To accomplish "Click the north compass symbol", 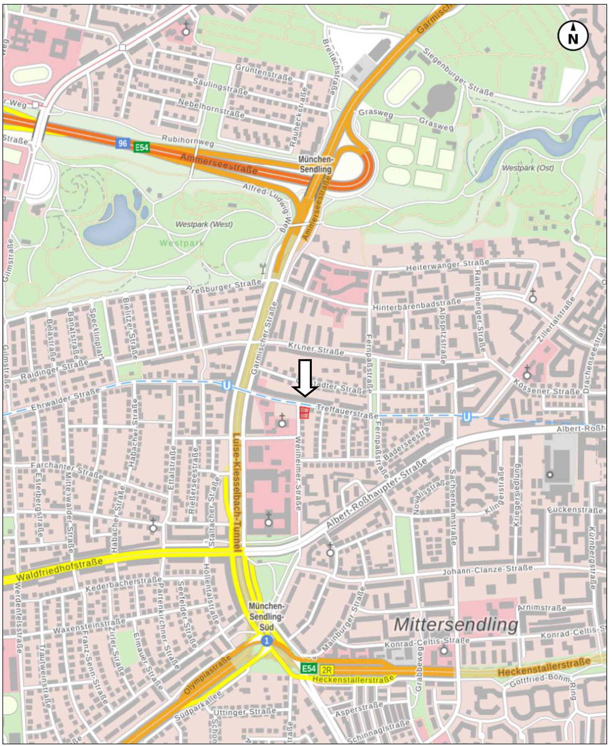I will (573, 36).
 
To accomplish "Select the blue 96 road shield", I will (122, 143).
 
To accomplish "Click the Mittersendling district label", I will (456, 625).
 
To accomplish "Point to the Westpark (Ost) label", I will (528, 168).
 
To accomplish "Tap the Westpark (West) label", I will (204, 224).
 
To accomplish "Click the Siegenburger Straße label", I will (458, 72).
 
